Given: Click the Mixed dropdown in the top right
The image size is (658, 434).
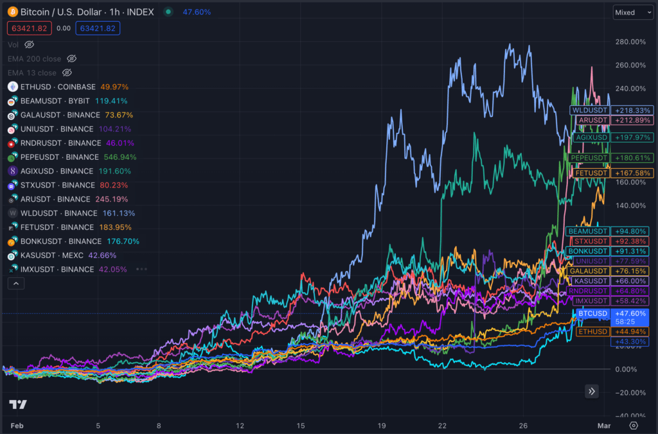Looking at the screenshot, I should click(x=633, y=12).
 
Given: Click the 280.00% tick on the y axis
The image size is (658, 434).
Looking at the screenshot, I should click(x=630, y=42).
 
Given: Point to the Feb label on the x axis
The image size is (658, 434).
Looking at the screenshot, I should click(x=17, y=425).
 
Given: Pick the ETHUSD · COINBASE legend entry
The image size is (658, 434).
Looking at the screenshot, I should click(x=58, y=87).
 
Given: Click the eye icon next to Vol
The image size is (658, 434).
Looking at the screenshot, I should click(x=30, y=45).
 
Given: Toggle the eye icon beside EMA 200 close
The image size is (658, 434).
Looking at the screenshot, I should click(x=72, y=59).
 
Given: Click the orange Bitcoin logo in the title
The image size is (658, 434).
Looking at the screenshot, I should click(x=12, y=12).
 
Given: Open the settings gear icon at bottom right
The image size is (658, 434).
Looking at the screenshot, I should click(x=634, y=425).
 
